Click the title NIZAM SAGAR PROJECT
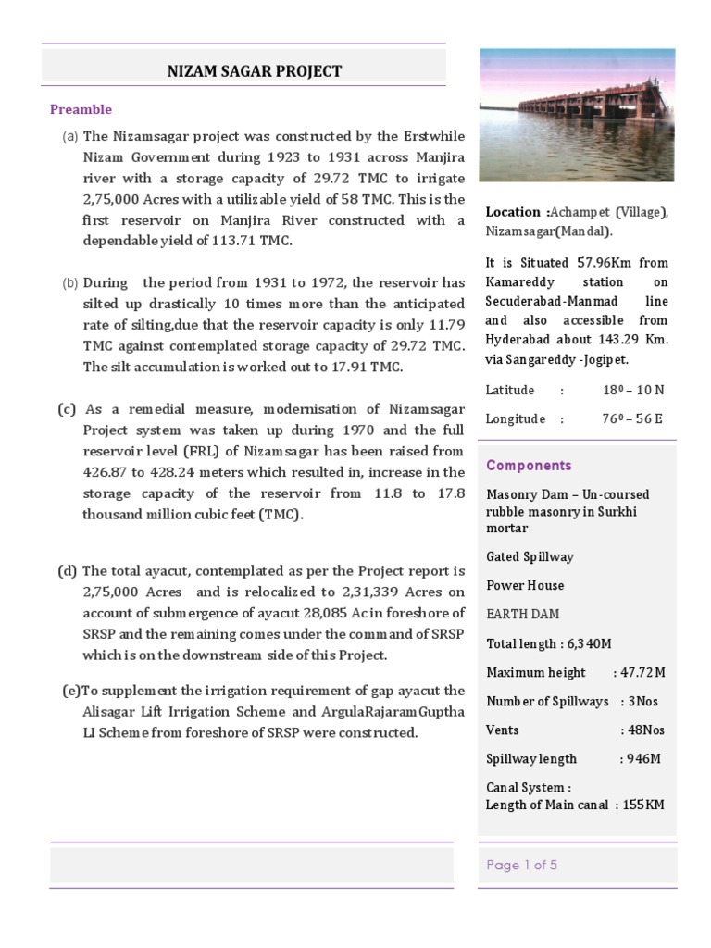[254, 71]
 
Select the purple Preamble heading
[81, 109]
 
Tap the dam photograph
[577, 115]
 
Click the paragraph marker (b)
[71, 283]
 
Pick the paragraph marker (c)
[68, 409]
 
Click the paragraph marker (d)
[68, 571]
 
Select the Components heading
[529, 466]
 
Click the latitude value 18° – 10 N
[632, 391]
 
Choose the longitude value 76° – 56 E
[632, 419]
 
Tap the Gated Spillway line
[530, 556]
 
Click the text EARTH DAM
[523, 614]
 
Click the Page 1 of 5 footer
[521, 866]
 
